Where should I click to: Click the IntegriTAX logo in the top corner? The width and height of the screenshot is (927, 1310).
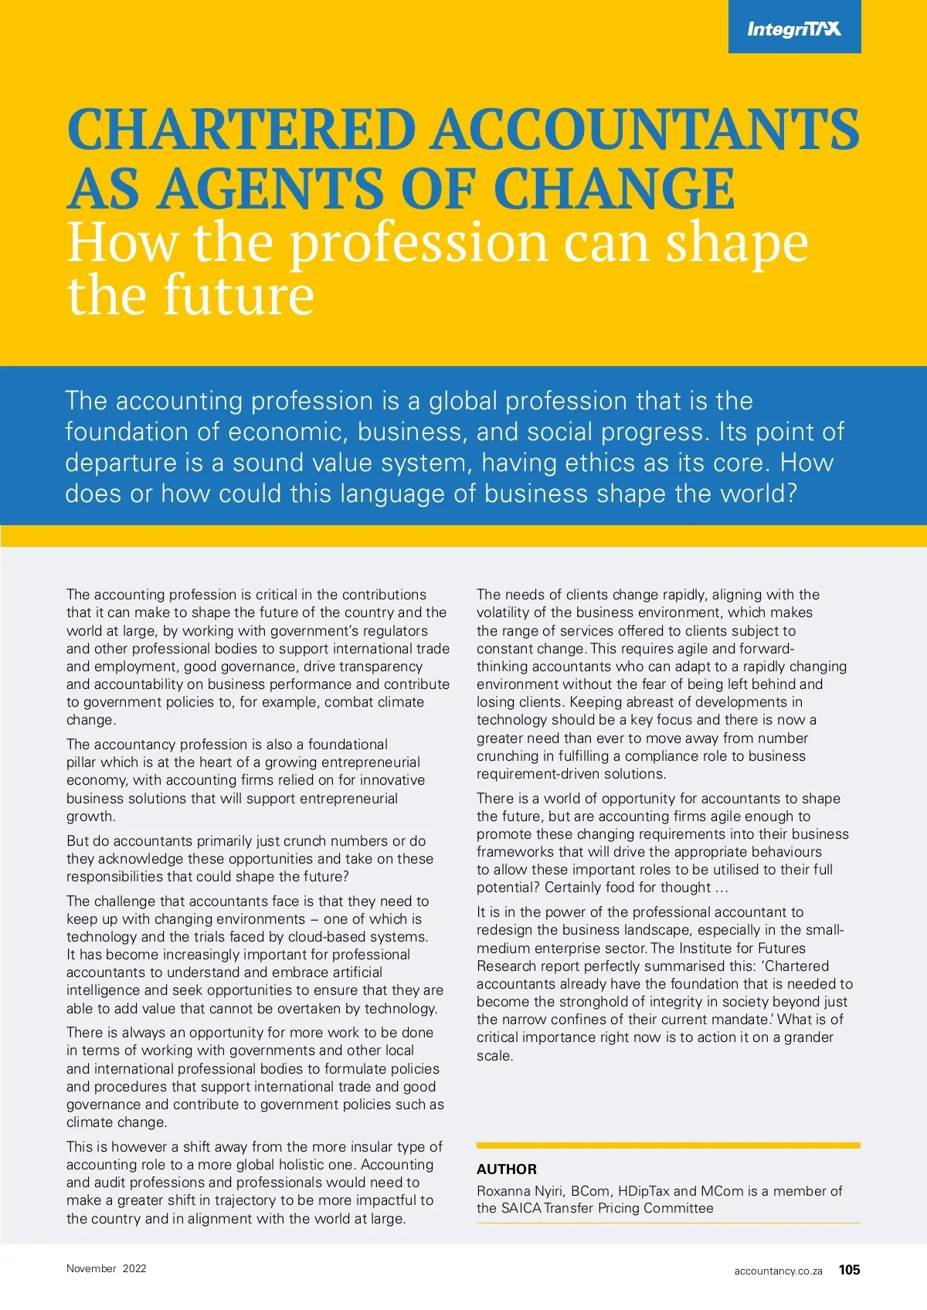pyautogui.click(x=794, y=29)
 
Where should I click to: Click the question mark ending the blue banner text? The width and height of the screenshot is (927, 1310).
pyautogui.click(x=790, y=494)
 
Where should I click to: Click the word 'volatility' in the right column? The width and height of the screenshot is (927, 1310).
pyautogui.click(x=511, y=613)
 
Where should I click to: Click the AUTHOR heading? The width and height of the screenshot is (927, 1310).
pyautogui.click(x=507, y=1169)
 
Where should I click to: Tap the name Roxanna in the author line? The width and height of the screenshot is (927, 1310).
pyautogui.click(x=504, y=1191)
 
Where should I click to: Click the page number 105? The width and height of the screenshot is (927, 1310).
pyautogui.click(x=849, y=1270)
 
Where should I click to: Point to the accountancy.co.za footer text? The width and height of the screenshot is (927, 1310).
pyautogui.click(x=778, y=1271)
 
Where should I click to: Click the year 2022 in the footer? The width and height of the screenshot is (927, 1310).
pyautogui.click(x=134, y=1268)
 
